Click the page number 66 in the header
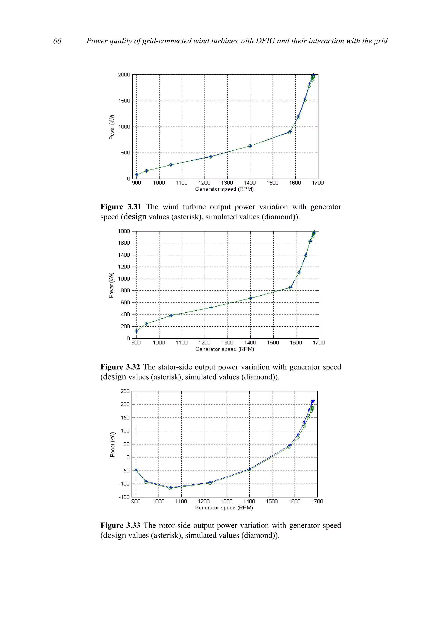(57, 41)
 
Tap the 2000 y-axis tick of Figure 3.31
(124, 75)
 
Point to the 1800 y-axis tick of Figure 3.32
(124, 231)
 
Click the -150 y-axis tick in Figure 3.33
(124, 497)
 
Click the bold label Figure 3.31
(121, 207)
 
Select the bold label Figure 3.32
(120, 367)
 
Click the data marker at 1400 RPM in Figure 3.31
(250, 146)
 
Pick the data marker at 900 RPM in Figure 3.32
(136, 331)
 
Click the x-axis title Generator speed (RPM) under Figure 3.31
(224, 189)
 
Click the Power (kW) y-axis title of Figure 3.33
(112, 444)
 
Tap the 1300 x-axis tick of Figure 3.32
(227, 343)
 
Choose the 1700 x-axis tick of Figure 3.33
(317, 501)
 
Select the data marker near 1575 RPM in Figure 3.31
(290, 132)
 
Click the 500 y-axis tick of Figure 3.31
(126, 153)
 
